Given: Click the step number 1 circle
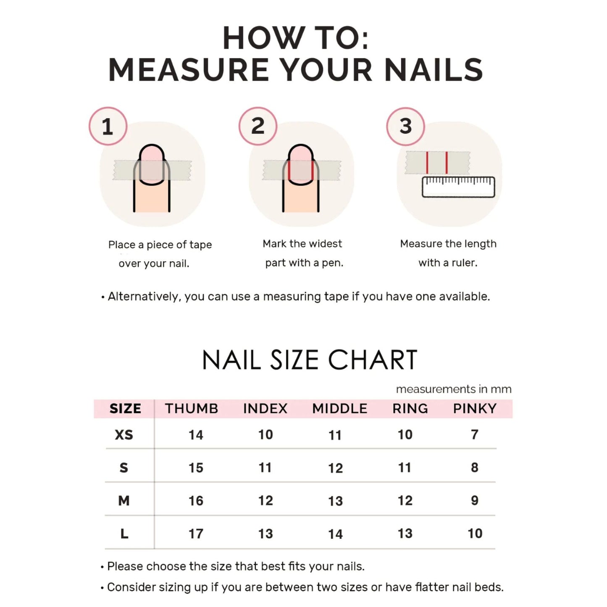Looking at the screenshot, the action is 108,126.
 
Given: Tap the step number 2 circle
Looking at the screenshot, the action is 258,126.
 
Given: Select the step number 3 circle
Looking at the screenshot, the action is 405,126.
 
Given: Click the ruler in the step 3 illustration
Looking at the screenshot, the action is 458,187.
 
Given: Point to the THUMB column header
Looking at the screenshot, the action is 192,409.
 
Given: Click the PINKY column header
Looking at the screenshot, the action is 475,409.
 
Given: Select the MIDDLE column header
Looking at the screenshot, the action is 339,409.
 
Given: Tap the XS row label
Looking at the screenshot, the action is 124,435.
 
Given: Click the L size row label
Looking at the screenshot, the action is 124,533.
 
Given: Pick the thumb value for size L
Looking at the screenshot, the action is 196,533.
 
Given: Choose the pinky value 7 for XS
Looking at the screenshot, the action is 475,434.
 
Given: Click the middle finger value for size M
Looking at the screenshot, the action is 336,501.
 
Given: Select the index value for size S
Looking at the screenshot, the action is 265,468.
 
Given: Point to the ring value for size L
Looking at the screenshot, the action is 405,533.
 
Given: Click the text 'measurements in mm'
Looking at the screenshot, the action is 454,389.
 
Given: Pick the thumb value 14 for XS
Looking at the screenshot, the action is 196,435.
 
